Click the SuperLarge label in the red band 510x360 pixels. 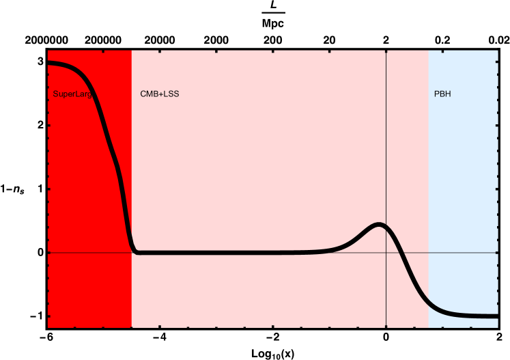(72, 94)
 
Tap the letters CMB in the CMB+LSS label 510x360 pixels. (148, 94)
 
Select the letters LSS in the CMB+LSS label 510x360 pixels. (171, 94)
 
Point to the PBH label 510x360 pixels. (442, 94)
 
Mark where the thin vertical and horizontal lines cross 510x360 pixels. (386, 253)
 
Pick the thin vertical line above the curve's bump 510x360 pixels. (386, 137)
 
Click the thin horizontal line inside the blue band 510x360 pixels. (464, 253)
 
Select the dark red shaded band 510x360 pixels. (89, 205)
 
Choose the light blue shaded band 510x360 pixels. (464, 171)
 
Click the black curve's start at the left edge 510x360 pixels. (48, 63)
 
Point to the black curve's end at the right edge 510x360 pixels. (496, 316)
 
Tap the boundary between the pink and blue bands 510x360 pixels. (428, 171)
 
